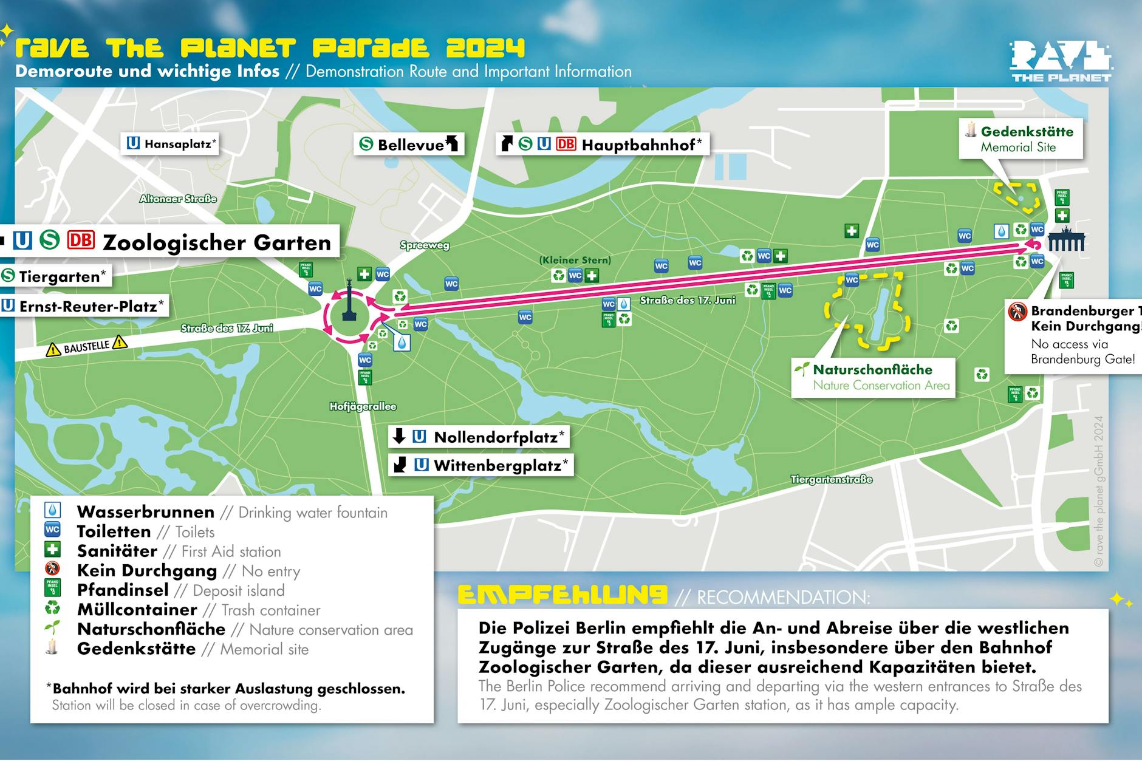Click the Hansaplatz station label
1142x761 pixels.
[169, 144]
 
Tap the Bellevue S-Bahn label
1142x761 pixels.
[409, 144]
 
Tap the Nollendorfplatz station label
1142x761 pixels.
[479, 437]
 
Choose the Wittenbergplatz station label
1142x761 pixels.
[481, 465]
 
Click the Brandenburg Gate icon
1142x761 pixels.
[1066, 239]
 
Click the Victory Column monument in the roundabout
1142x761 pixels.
[349, 301]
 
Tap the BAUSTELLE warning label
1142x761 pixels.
[87, 347]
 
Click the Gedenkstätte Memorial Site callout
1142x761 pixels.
[1021, 139]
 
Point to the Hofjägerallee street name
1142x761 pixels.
[363, 406]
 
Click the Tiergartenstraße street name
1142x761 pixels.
[831, 479]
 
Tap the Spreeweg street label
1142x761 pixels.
[425, 245]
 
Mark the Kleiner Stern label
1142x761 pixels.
[575, 260]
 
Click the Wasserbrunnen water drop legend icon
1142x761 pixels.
[53, 510]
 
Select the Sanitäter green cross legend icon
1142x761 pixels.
[53, 550]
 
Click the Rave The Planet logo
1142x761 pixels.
[1061, 61]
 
